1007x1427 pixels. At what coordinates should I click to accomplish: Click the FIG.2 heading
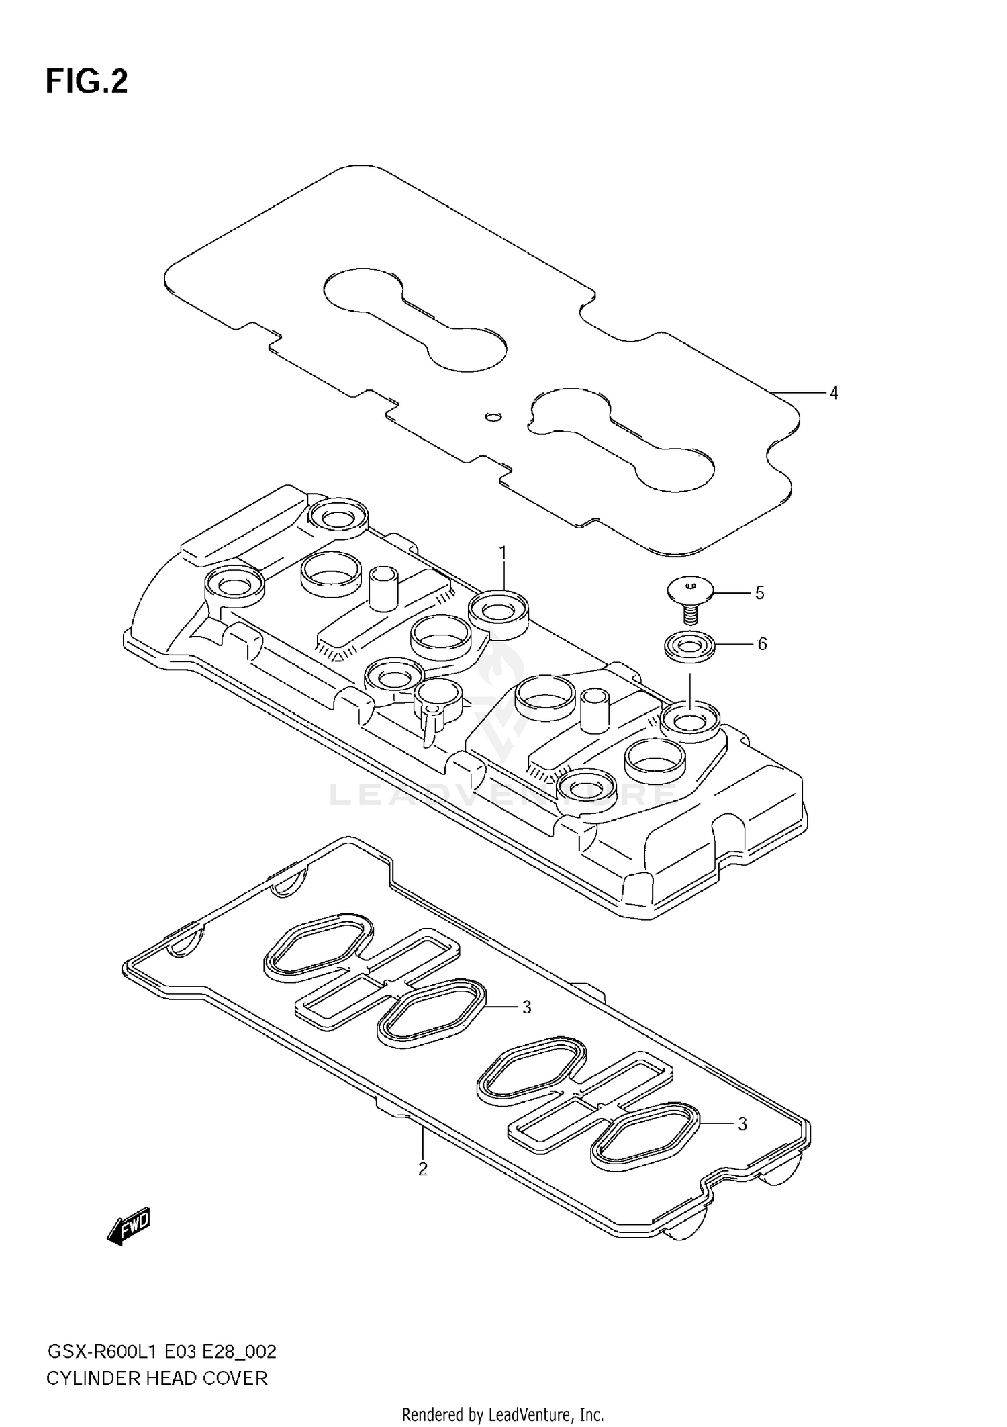[x=87, y=81]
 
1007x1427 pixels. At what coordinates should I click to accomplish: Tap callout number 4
[x=834, y=393]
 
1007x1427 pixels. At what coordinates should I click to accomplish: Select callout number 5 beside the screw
[x=759, y=593]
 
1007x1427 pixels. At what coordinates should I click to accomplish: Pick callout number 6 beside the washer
[x=762, y=644]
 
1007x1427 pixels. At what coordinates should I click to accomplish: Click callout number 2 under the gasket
[x=422, y=1169]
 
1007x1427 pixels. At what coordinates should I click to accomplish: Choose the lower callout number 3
[x=742, y=1123]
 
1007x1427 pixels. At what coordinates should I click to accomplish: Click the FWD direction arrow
[x=128, y=1227]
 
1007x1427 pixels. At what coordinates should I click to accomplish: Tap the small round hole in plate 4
[x=493, y=416]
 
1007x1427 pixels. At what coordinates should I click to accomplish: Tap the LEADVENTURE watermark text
[x=503, y=795]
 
